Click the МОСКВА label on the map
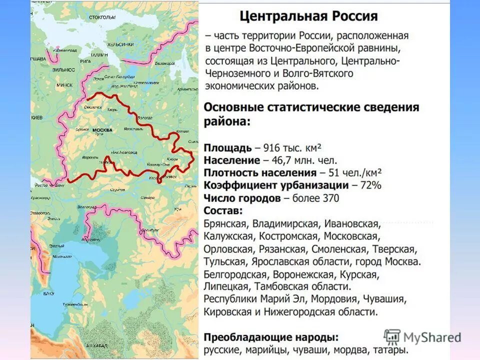[x=102, y=130]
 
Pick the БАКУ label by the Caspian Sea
[x=48, y=293]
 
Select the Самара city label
[x=147, y=198]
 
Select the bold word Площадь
[x=227, y=148]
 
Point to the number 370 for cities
[x=329, y=198]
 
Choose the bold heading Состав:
[x=223, y=210]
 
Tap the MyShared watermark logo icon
[x=392, y=336]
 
